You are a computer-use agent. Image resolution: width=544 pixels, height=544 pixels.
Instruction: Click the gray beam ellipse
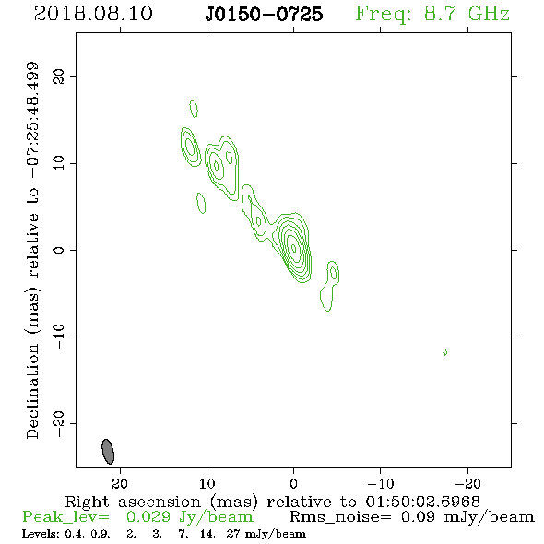(108, 452)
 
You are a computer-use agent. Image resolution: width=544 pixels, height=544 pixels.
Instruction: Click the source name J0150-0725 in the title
(264, 15)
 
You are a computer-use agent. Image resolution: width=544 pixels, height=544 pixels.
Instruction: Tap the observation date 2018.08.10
(93, 14)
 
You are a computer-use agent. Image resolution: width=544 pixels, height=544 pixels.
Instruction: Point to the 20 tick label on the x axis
(120, 483)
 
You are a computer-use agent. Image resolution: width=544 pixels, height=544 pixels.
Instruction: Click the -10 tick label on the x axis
(381, 483)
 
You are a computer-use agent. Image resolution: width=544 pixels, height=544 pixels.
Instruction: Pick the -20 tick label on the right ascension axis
(467, 483)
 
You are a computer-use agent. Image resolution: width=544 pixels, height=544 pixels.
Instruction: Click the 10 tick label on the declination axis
(59, 163)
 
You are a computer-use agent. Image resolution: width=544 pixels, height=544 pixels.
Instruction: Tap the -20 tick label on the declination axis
(59, 423)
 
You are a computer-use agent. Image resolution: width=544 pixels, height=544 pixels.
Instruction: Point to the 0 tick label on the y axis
(59, 250)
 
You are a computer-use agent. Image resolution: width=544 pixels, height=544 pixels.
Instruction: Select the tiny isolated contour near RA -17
(444, 352)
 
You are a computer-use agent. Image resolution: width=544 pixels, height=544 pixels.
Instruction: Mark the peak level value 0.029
(148, 517)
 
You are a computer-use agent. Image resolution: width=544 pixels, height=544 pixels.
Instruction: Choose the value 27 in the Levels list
(233, 534)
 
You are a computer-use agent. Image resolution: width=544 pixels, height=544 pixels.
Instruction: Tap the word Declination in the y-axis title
(32, 391)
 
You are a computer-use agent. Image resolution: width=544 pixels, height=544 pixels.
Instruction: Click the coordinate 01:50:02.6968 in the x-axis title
(423, 502)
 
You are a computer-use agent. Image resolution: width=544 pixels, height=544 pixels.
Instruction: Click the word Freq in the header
(383, 14)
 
